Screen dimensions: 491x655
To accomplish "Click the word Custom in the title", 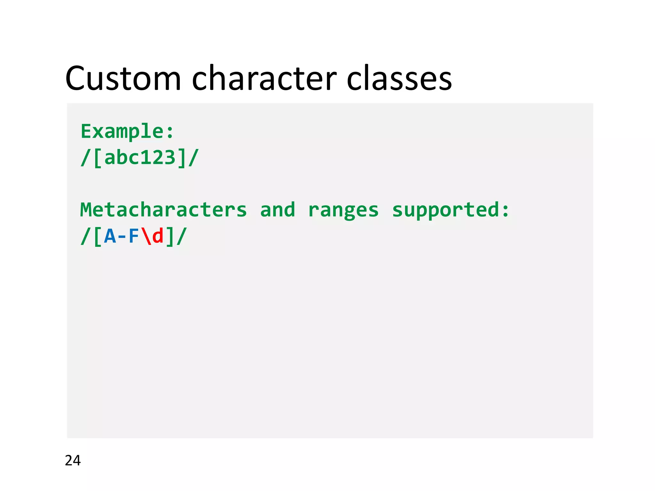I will (x=123, y=78).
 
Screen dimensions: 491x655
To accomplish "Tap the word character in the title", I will (x=264, y=78).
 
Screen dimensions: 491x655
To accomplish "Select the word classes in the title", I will (x=399, y=78).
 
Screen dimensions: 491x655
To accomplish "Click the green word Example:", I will (x=127, y=131).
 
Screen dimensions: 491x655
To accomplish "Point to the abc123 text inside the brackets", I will (x=140, y=158).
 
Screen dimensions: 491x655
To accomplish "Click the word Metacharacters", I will (x=163, y=210).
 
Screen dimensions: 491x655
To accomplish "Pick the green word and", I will (x=278, y=210).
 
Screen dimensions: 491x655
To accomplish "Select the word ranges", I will (x=343, y=211).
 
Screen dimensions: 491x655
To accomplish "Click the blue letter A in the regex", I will (x=110, y=237).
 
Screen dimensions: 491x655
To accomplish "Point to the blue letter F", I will (x=134, y=237).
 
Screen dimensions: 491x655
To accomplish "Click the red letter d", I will (x=158, y=237).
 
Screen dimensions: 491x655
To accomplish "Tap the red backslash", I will (x=146, y=237).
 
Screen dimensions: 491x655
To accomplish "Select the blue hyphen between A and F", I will (x=122, y=237).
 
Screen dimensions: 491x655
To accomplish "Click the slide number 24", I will (x=73, y=460).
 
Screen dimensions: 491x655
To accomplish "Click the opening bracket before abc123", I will (x=98, y=158).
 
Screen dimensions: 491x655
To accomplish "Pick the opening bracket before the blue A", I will (x=98, y=237).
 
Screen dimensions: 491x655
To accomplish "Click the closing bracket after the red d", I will (x=170, y=237).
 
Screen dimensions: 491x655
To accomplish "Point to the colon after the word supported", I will (x=505, y=211).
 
